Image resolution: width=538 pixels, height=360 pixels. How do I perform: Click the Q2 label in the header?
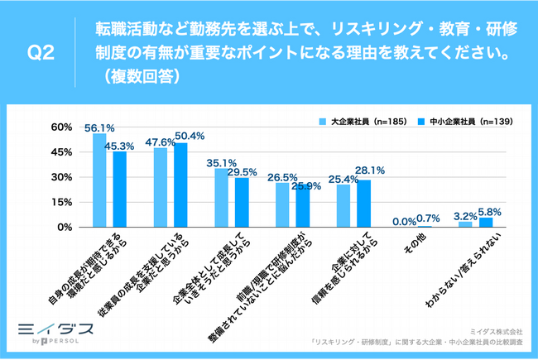coord(41,55)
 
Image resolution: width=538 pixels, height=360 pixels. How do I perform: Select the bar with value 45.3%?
coord(120,189)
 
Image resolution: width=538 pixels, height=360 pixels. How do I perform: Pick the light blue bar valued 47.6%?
coord(161,187)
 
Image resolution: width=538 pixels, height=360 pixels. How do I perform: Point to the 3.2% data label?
coord(465,215)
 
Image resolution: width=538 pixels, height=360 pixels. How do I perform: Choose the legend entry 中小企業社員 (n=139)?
coord(463,121)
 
